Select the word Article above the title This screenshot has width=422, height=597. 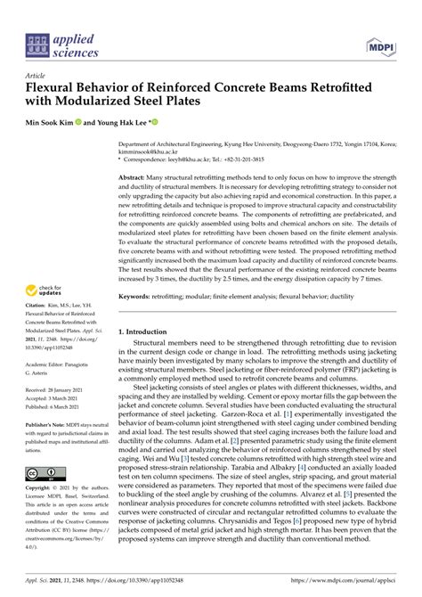pos(37,76)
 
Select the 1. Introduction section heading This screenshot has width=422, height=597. pos(149,331)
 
